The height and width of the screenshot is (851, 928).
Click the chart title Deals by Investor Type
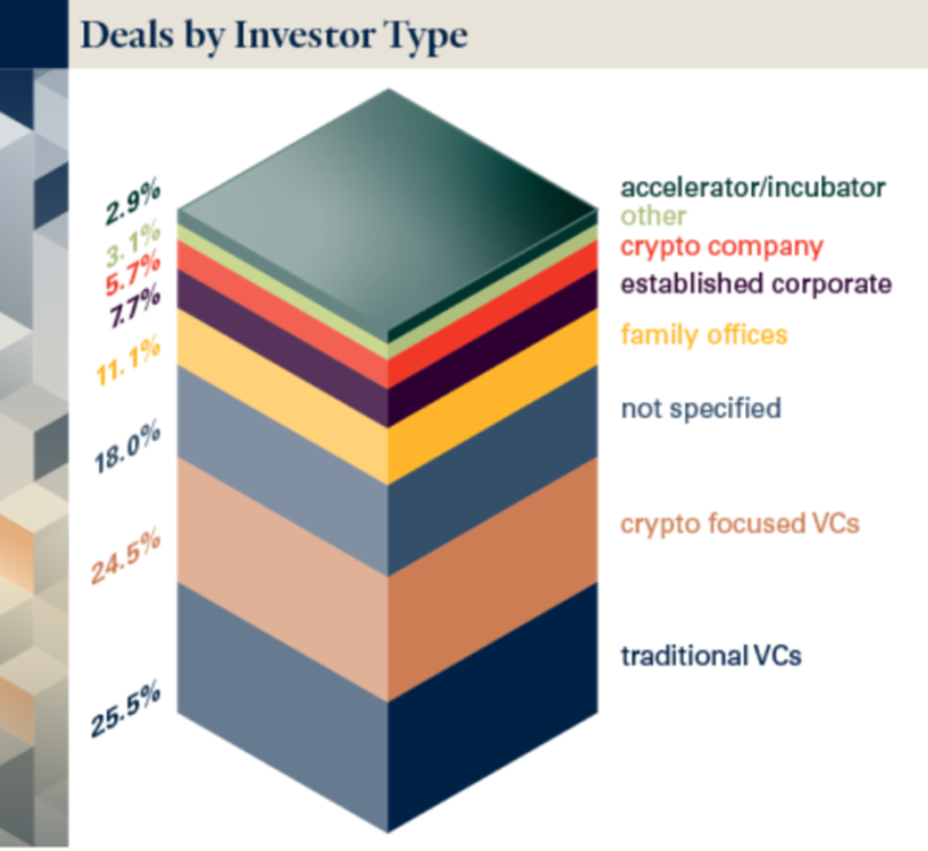click(x=274, y=36)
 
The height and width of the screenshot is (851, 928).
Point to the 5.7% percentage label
click(x=133, y=273)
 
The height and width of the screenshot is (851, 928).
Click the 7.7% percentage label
click(x=135, y=306)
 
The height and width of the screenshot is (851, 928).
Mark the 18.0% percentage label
click(x=127, y=446)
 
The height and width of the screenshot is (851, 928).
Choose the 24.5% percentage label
click(x=125, y=556)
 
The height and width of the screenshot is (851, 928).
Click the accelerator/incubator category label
click(x=752, y=187)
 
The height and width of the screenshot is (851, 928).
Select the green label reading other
click(x=653, y=217)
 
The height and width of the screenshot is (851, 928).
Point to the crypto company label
click(x=722, y=247)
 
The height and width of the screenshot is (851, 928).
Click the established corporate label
click(x=756, y=284)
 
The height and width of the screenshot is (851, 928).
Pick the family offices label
click(x=704, y=335)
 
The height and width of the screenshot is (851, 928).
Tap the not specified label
click(x=701, y=408)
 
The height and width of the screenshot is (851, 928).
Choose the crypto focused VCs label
click(x=739, y=524)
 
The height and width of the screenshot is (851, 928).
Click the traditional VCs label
click(x=711, y=656)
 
